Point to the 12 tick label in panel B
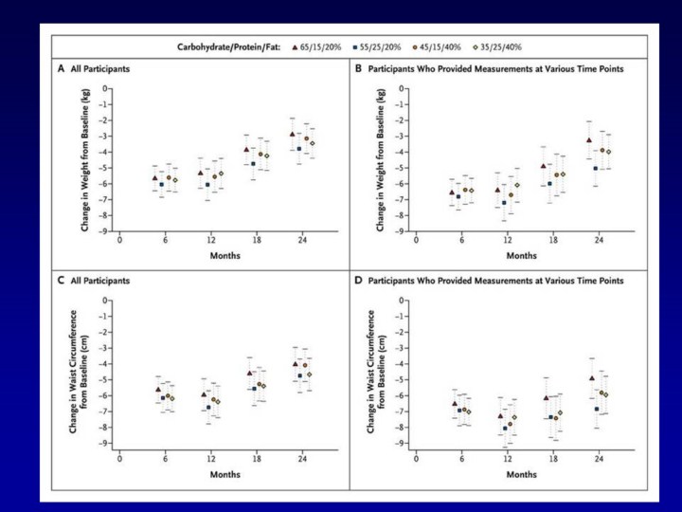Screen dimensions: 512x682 507,241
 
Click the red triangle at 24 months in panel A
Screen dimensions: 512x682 293,134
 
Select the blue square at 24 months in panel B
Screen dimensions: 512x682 595,168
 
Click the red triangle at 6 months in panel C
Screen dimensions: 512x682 157,389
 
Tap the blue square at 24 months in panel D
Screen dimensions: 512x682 597,409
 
